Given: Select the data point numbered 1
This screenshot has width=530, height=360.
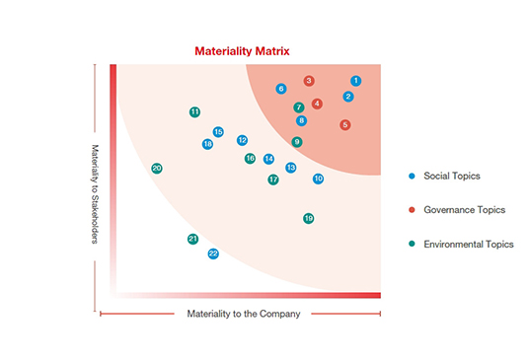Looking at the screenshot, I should [x=356, y=81].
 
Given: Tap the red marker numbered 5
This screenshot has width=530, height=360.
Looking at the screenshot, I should [x=345, y=125].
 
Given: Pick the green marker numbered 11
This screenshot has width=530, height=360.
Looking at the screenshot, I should [x=194, y=112].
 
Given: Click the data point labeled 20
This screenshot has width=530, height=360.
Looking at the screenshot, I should [x=157, y=169].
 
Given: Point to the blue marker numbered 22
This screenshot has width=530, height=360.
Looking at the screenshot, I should [x=213, y=253].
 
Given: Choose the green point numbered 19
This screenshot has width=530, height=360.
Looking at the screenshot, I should [x=309, y=218].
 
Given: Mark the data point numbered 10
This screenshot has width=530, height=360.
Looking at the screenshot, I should [x=319, y=179].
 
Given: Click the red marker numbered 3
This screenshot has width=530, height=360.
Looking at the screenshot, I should [x=309, y=81].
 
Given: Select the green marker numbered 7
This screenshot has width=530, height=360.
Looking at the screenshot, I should [x=299, y=107].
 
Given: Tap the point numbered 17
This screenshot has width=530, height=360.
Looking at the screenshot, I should [x=273, y=180].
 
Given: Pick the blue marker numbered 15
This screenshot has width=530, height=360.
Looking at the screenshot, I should [x=218, y=132].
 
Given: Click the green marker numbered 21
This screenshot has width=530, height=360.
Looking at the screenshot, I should [x=193, y=239].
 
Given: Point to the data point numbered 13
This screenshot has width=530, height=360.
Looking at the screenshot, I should [x=291, y=168].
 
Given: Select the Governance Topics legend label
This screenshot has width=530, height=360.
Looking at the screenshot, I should [x=464, y=209].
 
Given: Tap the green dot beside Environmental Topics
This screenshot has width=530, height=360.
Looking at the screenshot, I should [x=412, y=244].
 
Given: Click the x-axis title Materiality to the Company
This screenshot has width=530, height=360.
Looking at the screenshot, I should [x=243, y=314].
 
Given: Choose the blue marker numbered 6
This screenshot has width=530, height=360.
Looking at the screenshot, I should [x=281, y=89].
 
